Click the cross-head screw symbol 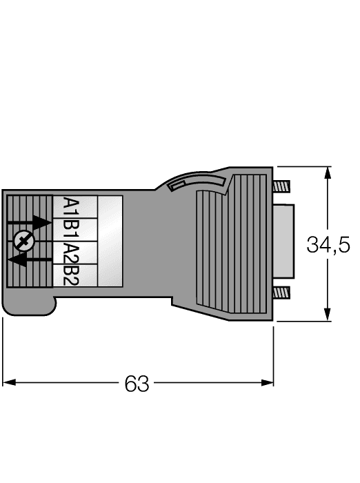[x=23, y=241]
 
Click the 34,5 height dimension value [x=329, y=244]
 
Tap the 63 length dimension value [x=137, y=382]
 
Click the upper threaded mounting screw [x=283, y=186]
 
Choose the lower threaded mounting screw [x=283, y=293]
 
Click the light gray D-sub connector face [x=286, y=239]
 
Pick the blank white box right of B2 [x=110, y=275]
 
